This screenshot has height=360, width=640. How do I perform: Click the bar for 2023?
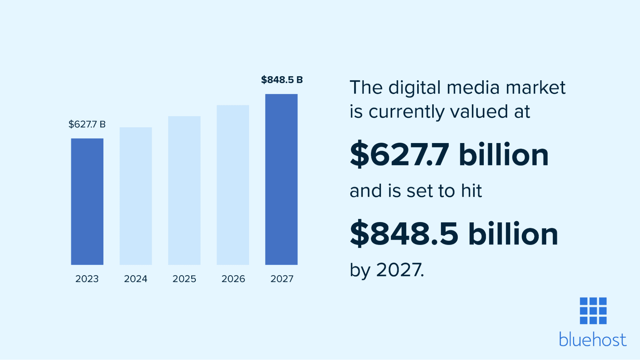[87, 202]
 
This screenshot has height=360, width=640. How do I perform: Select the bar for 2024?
[136, 196]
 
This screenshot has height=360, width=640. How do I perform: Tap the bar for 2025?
[184, 190]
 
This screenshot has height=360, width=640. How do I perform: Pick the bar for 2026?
[233, 185]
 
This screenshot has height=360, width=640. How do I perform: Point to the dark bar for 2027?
[281, 179]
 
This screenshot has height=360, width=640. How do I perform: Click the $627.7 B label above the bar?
[87, 124]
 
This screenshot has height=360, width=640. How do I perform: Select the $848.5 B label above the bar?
[282, 80]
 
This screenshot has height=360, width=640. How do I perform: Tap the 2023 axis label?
[87, 279]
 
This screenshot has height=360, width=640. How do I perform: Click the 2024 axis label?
[136, 279]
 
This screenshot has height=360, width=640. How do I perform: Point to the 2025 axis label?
[184, 279]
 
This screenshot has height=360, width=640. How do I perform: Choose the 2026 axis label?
[233, 279]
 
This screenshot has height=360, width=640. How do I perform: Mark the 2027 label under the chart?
[282, 279]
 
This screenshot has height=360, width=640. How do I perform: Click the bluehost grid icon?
[593, 311]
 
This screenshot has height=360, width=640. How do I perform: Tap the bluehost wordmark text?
[593, 340]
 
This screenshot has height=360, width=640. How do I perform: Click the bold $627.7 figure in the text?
[400, 155]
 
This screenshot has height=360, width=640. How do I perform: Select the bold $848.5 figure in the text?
[404, 234]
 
